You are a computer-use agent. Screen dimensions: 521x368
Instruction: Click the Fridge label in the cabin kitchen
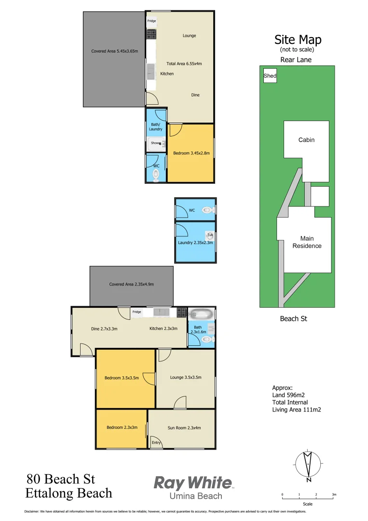point(151,21)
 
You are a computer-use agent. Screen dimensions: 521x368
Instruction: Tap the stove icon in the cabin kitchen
point(151,34)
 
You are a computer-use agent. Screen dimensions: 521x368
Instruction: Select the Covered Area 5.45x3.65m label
point(114,51)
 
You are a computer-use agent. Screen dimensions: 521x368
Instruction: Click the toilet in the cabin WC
point(155,177)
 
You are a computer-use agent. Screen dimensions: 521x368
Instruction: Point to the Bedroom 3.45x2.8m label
point(191,153)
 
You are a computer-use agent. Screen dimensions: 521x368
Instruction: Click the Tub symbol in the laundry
point(210,235)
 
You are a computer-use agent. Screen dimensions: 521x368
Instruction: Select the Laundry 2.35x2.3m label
point(195,243)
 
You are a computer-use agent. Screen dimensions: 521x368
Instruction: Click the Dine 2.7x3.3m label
point(104,329)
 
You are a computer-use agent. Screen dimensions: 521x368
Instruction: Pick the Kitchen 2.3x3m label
point(164,329)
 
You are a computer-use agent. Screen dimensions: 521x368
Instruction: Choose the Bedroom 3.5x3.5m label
point(122,378)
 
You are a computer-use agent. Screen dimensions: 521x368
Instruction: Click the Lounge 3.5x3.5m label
point(186,378)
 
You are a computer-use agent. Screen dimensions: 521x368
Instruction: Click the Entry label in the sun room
point(156,443)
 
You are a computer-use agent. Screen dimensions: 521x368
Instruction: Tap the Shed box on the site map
point(270,76)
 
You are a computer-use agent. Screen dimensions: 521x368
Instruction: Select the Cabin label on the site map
point(306,140)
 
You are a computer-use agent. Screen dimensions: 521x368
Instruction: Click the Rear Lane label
point(296,60)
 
